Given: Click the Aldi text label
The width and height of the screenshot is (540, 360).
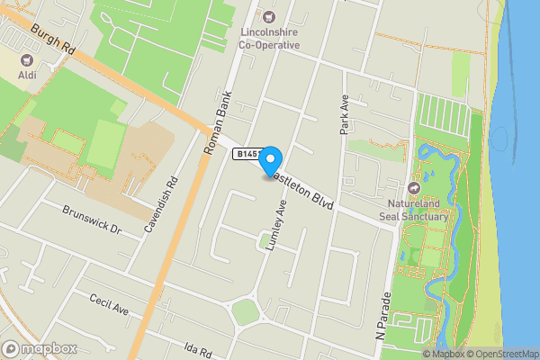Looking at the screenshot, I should (x=27, y=76).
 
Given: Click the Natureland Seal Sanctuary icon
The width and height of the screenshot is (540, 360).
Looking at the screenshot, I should (x=414, y=187).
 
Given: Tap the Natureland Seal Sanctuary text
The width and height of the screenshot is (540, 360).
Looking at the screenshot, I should (x=415, y=210).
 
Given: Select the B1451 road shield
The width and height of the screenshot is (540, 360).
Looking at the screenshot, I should (x=247, y=154).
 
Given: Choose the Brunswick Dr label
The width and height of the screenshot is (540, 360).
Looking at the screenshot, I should (x=91, y=219).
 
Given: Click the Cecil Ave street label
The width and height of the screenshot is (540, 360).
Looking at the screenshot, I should (x=109, y=304).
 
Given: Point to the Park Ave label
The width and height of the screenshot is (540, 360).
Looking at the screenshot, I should (x=344, y=114).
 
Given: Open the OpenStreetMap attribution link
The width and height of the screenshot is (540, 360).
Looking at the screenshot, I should (x=502, y=354).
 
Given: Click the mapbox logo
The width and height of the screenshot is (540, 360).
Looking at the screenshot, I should (x=40, y=347).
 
